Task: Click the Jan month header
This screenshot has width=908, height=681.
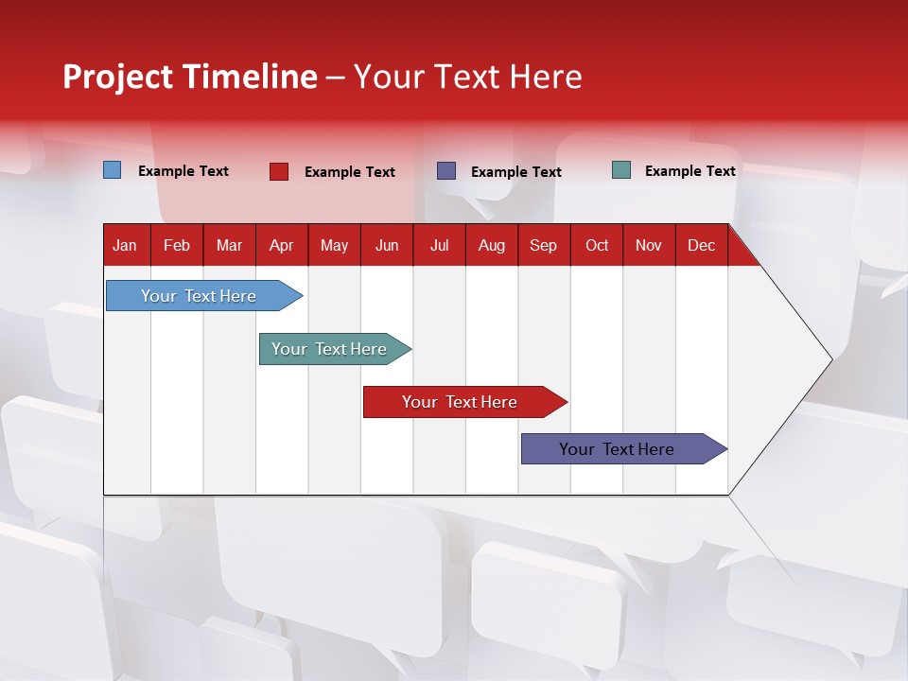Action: tap(125, 246)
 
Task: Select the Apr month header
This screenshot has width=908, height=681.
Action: tap(281, 246)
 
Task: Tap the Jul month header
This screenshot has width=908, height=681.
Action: tap(439, 246)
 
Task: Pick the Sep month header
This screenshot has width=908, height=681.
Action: tap(543, 246)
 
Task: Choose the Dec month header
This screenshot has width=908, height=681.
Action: tap(701, 246)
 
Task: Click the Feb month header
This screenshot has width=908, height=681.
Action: tap(177, 246)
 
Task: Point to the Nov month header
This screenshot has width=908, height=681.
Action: tap(649, 246)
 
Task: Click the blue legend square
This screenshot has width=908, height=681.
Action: tap(113, 170)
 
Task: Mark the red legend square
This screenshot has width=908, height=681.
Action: tap(279, 171)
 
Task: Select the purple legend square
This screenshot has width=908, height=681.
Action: tap(446, 171)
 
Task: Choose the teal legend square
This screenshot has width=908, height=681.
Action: tap(621, 170)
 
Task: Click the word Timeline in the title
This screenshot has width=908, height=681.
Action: tap(250, 77)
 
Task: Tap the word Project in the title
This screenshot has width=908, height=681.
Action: tap(117, 77)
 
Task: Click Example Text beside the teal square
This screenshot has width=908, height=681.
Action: tap(690, 171)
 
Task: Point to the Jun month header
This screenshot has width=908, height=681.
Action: tap(387, 246)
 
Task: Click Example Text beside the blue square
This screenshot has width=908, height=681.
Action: tap(183, 171)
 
